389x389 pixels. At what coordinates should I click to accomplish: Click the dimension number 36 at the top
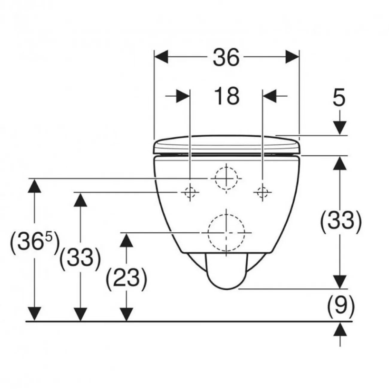[x=226, y=57]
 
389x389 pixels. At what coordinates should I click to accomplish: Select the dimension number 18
[x=227, y=96]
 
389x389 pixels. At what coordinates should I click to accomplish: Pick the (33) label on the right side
[x=341, y=222]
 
